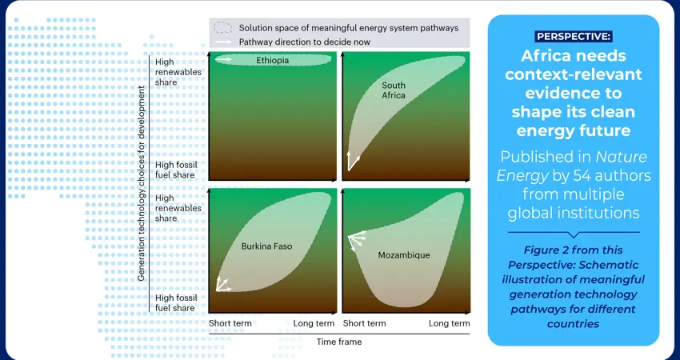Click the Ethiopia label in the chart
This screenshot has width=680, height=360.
point(272,60)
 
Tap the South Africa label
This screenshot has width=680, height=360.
point(394,90)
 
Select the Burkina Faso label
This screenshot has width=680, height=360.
point(266,246)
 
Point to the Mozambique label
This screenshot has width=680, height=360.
point(404,255)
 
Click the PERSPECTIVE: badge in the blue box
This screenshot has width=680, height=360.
point(574,37)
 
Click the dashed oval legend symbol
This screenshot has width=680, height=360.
point(223,28)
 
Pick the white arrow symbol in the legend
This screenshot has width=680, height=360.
point(223,42)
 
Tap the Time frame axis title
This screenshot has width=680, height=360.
point(338,342)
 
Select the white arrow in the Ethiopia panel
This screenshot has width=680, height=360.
point(224,59)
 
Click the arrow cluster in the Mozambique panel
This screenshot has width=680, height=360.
point(357,241)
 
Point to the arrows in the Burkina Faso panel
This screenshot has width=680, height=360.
point(223,284)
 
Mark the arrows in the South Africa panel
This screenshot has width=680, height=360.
point(353,161)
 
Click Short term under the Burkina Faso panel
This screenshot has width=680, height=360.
point(230,323)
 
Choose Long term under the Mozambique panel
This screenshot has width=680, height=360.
point(450,323)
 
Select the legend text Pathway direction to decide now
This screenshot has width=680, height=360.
point(305,42)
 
